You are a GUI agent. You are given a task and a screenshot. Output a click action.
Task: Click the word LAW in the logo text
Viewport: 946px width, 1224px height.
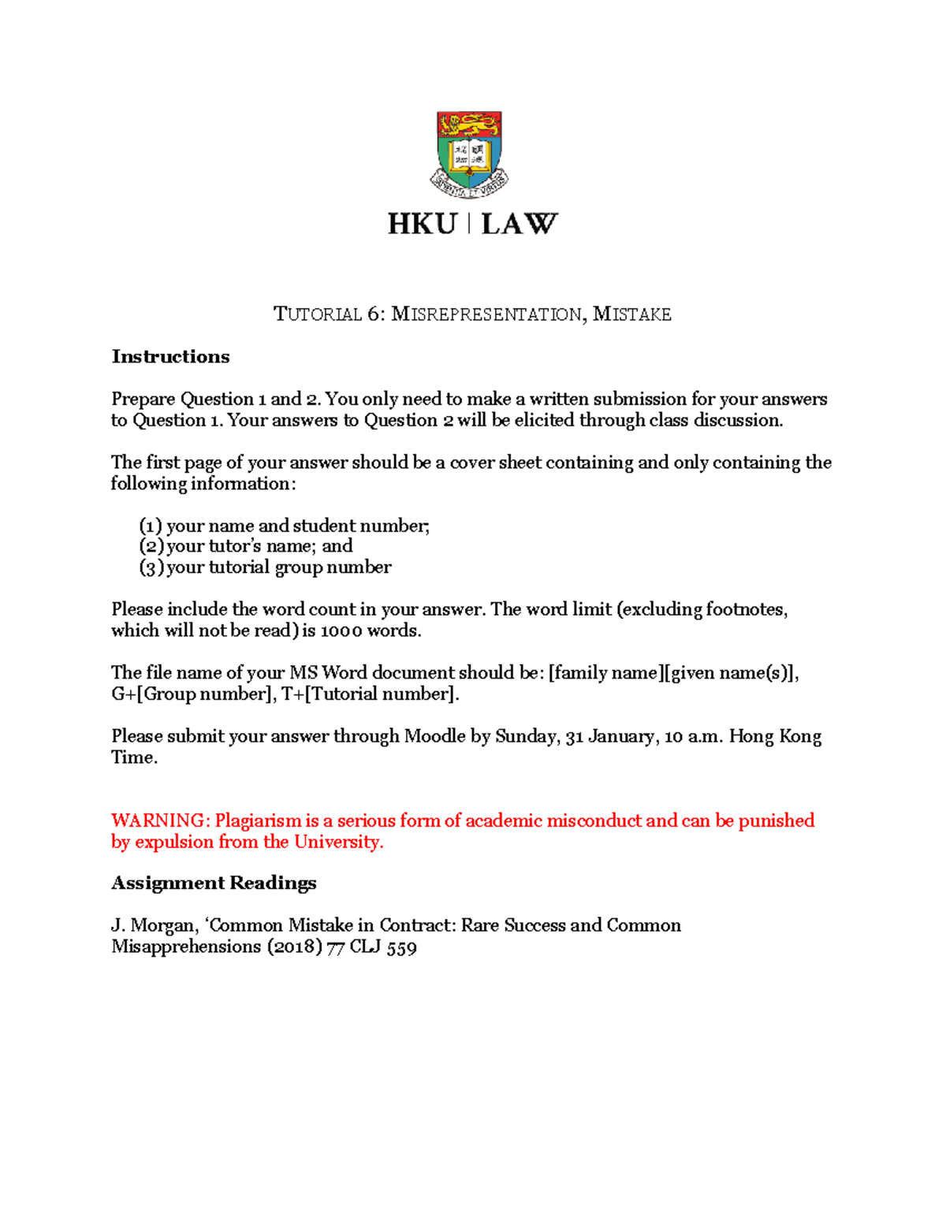point(519,225)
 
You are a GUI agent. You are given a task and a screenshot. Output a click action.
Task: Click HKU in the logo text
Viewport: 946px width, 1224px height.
point(422,225)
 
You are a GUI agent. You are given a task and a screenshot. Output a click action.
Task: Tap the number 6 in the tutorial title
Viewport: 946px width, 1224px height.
point(374,314)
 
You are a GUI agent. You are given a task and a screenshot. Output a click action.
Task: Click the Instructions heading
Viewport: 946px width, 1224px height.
point(170,357)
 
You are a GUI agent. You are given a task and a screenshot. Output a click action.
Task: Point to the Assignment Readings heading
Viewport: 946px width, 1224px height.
point(214,883)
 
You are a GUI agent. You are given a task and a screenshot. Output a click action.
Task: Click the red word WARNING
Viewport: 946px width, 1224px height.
point(160,820)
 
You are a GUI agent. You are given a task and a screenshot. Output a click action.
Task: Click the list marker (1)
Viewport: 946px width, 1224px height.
point(151,526)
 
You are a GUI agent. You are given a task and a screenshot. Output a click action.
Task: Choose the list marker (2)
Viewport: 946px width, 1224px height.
point(151,546)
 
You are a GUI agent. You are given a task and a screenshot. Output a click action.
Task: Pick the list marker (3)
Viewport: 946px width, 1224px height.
point(151,567)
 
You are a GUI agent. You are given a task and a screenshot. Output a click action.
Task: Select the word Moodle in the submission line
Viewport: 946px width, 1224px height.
point(434,736)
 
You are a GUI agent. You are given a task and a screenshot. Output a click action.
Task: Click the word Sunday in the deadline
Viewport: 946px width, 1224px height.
point(527,736)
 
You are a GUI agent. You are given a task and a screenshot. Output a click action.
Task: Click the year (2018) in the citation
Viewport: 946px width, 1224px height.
point(294,947)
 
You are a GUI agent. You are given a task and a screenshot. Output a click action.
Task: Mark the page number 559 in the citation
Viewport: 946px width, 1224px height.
point(401,947)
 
